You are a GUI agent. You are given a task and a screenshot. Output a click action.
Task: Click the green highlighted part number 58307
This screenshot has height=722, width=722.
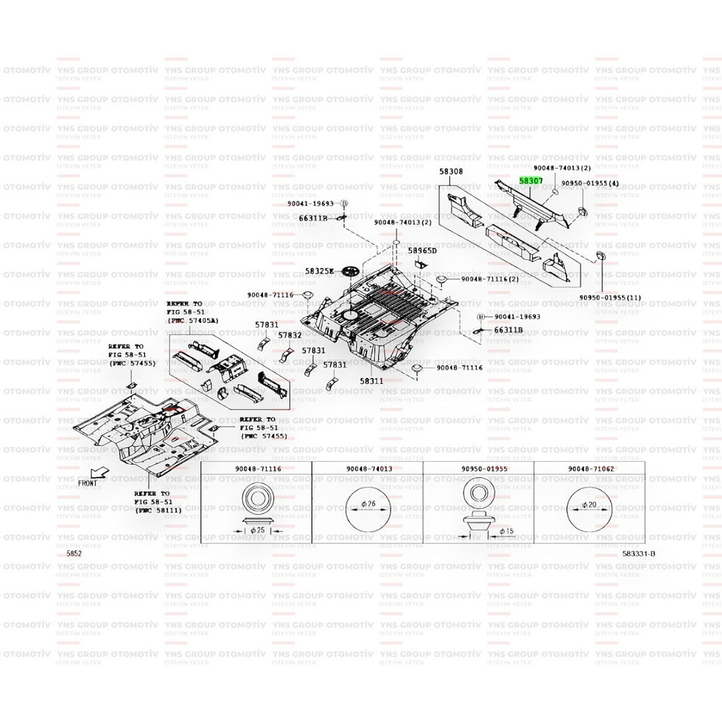[531, 180]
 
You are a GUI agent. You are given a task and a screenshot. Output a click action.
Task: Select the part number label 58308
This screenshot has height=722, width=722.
[451, 172]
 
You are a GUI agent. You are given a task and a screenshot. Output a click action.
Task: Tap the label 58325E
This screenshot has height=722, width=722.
[320, 271]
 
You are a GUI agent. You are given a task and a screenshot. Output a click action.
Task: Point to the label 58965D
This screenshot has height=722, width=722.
[423, 251]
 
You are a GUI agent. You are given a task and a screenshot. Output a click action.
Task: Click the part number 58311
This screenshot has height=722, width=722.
[372, 381]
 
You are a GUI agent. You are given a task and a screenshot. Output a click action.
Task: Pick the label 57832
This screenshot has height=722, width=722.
[290, 335]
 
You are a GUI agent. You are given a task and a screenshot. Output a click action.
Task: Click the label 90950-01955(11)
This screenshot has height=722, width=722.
[611, 298]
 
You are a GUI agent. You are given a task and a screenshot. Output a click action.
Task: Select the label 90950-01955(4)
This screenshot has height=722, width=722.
[590, 183]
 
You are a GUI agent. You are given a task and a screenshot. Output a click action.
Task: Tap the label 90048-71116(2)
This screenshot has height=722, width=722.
[490, 279]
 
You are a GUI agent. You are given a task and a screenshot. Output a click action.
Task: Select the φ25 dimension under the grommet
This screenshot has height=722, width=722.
[257, 530]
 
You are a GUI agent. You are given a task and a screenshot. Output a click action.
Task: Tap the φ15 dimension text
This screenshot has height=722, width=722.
[506, 530]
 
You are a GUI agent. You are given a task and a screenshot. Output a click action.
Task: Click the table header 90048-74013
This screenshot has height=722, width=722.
[368, 469]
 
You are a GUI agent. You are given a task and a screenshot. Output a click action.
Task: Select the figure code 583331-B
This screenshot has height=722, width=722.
[637, 553]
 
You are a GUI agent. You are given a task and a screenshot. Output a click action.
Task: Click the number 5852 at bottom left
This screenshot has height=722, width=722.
[74, 553]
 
